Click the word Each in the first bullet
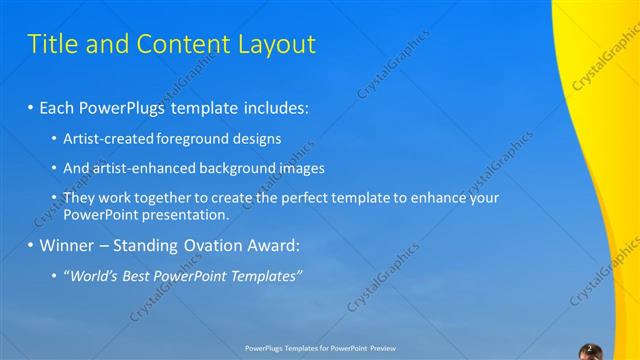pos(59,107)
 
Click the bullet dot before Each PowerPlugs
pos(31,107)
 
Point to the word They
pos(80,198)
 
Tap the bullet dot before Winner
pos(31,245)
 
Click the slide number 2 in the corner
pos(589,349)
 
